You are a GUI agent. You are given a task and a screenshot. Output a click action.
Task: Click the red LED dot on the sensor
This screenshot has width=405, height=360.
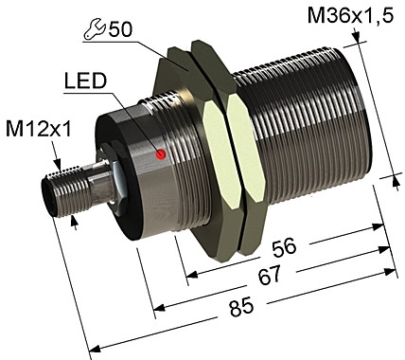[162, 153]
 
